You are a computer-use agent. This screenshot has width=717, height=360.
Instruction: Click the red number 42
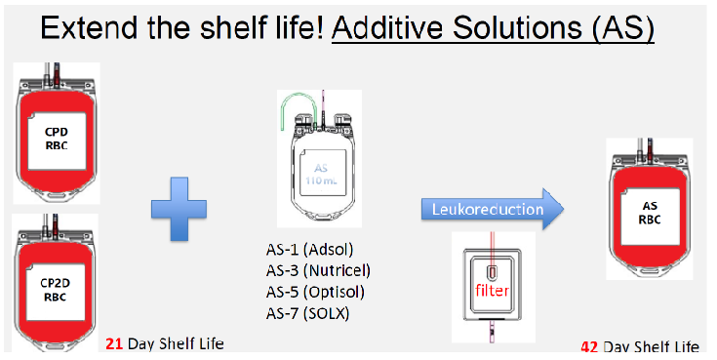coord(590,347)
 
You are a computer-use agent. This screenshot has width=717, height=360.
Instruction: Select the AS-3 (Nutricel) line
coord(319,270)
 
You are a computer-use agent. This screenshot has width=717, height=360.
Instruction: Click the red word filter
coord(497,290)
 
